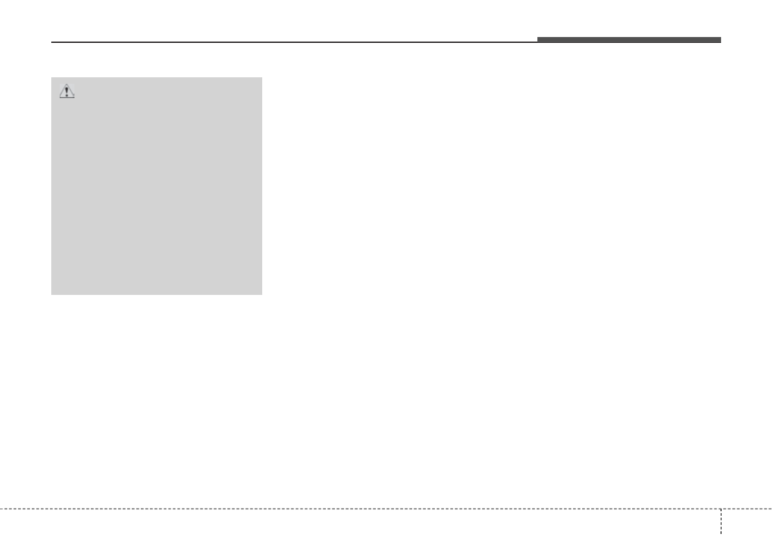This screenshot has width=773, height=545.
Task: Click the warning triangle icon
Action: [67, 92]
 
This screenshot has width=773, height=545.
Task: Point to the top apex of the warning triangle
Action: [67, 85]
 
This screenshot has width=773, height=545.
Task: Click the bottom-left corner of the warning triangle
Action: [59, 98]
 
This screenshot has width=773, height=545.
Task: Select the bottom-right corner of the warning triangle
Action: [75, 98]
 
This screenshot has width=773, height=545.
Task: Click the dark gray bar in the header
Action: [628, 40]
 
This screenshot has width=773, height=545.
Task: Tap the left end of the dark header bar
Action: [538, 40]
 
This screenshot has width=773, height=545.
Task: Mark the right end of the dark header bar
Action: [720, 40]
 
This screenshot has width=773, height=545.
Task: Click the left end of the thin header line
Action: [52, 43]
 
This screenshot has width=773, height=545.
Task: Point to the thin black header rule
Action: [292, 43]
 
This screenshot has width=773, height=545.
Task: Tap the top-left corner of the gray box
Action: [52, 79]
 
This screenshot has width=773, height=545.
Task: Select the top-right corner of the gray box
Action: [262, 79]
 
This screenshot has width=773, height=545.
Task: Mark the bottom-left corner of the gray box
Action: [52, 294]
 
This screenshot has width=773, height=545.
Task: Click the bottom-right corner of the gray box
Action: [262, 294]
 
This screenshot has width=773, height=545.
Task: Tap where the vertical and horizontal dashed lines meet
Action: [720, 508]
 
